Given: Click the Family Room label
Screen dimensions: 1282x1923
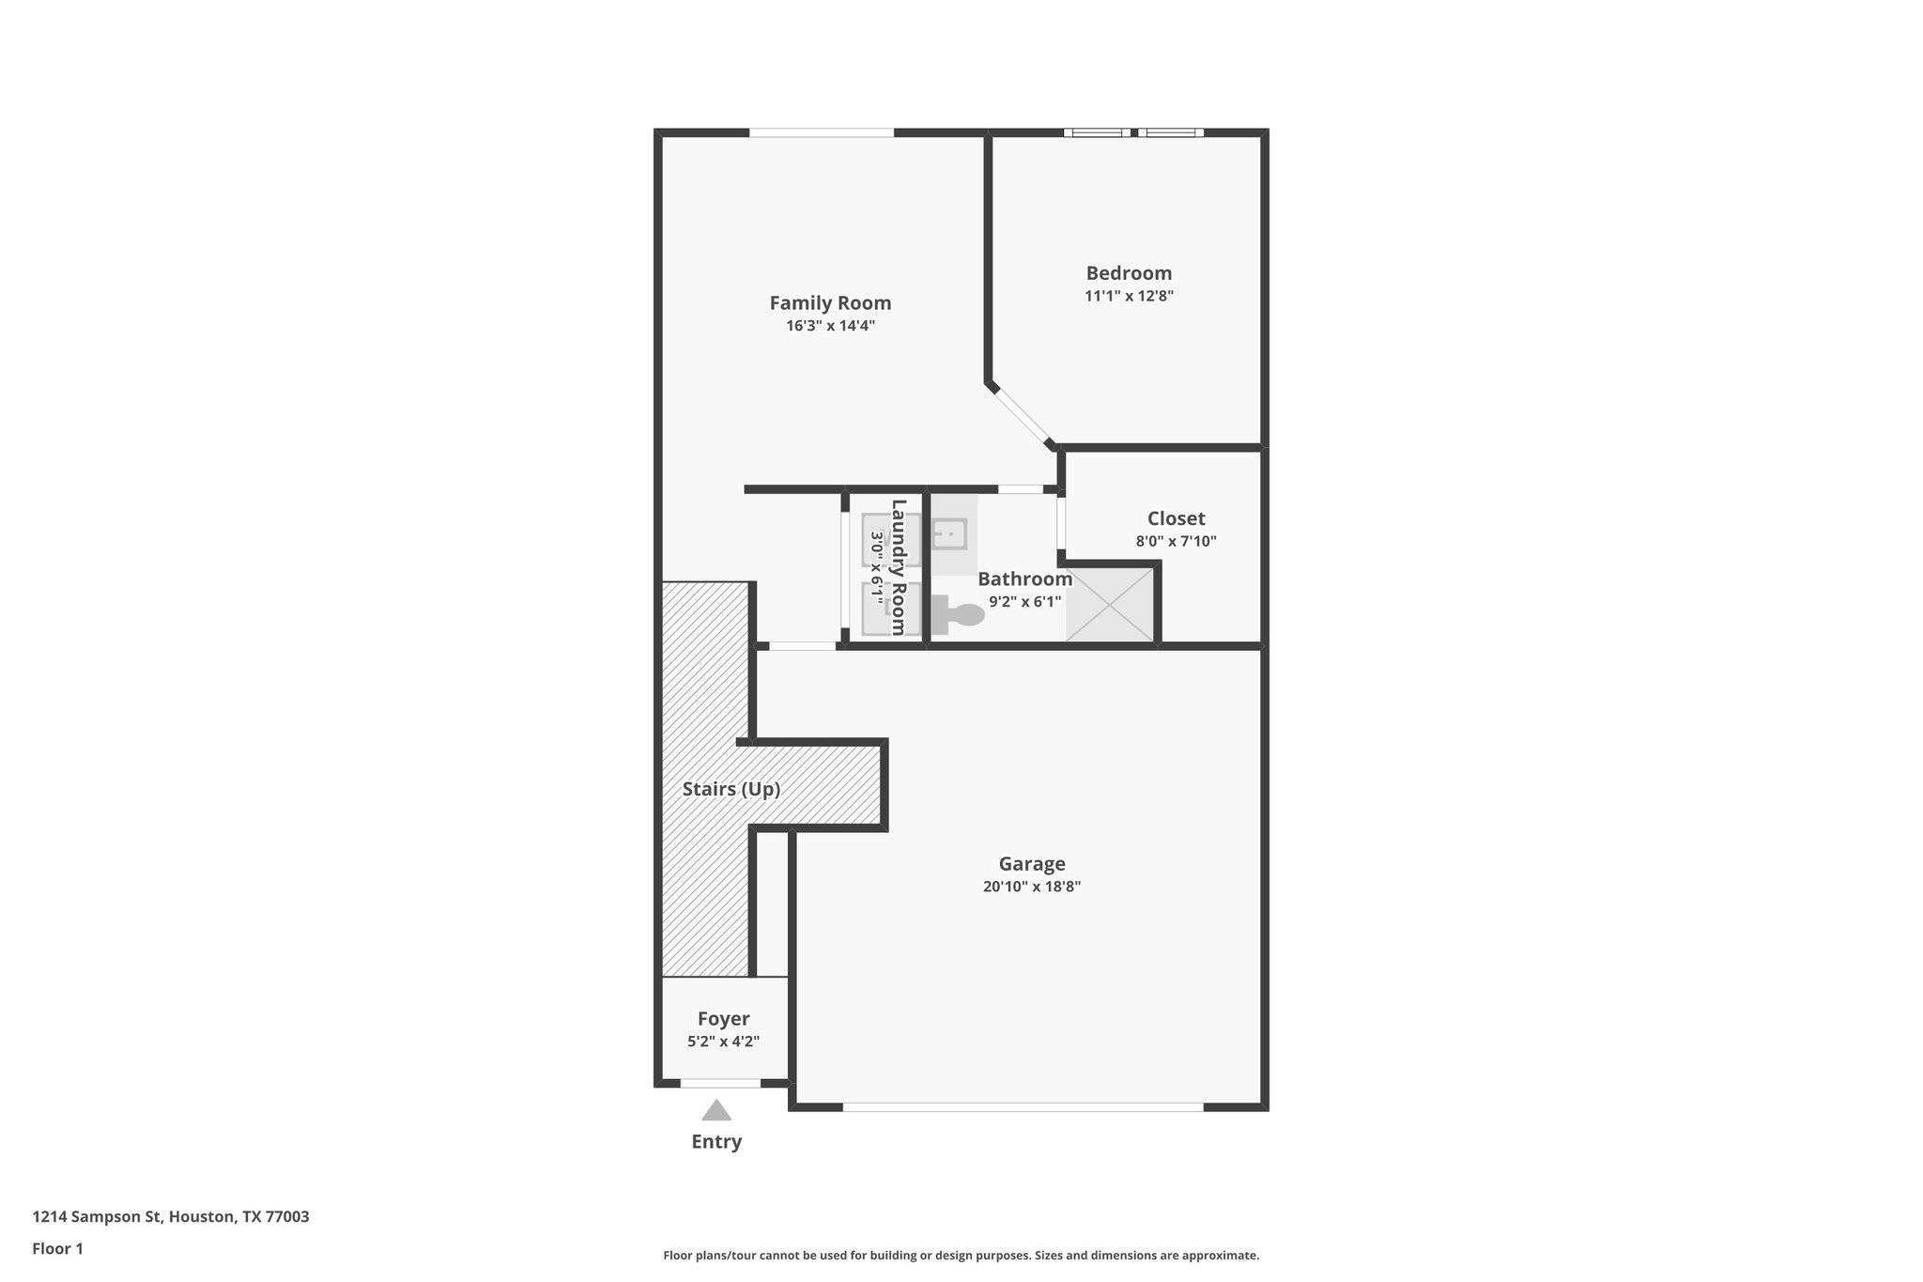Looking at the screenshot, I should pos(830,303).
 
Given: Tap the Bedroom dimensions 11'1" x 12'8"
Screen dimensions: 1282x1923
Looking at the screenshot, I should pos(1129,296).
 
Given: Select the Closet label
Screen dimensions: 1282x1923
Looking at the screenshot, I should pos(1176,518).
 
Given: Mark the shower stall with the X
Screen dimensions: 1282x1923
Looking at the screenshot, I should pos(1110,605).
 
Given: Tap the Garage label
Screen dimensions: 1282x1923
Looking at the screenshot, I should pos(1031,864).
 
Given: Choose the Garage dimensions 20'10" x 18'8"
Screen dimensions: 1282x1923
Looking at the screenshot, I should pos(1031,887).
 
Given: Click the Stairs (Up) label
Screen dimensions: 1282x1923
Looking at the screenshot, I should pos(731,789).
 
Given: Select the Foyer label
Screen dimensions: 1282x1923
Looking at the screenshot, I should pos(723,1019).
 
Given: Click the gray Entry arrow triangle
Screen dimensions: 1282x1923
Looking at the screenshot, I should pos(716,1112).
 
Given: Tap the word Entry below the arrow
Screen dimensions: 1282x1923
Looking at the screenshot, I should pos(716,1142).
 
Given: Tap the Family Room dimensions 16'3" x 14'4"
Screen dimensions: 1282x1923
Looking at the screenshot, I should pos(830,327).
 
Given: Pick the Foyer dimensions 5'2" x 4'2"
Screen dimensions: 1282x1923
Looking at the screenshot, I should pos(723,1042).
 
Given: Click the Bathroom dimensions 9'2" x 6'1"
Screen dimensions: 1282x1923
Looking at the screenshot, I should pos(1024,602).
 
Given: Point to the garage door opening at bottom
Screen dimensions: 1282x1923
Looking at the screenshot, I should pos(1023,1107).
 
